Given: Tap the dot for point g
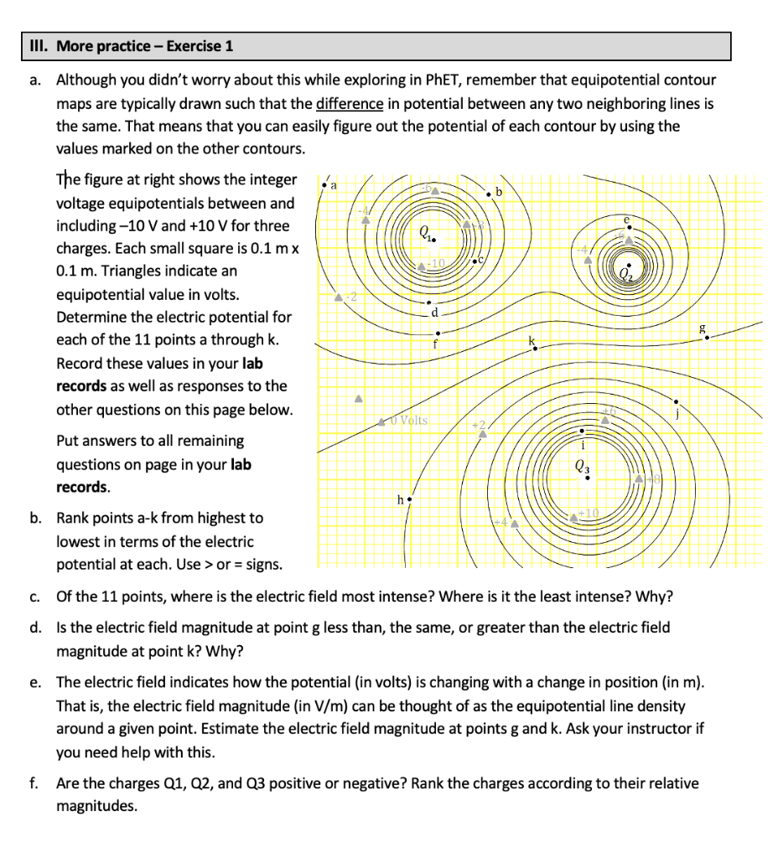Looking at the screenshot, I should [707, 338].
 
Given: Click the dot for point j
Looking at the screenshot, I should [676, 401].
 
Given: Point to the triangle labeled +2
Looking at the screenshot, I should [482, 433].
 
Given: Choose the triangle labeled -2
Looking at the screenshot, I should [338, 297].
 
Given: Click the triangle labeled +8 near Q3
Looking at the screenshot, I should [640, 478].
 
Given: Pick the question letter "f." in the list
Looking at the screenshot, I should [34, 784].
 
